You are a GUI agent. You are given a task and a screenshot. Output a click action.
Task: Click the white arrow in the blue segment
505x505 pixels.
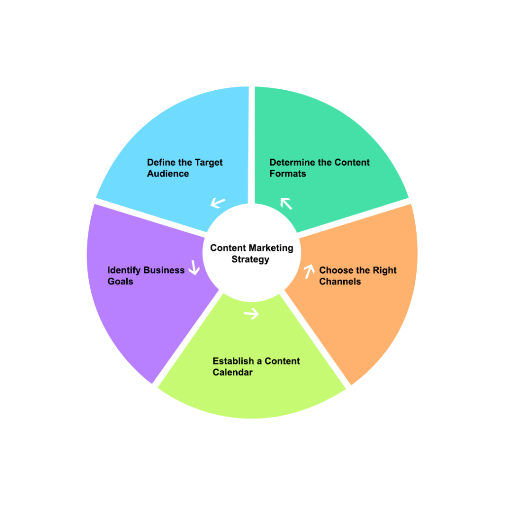[x=217, y=202]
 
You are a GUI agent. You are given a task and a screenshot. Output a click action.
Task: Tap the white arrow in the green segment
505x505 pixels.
[x=286, y=203]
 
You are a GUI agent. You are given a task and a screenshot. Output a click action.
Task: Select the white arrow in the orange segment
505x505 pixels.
[x=309, y=271]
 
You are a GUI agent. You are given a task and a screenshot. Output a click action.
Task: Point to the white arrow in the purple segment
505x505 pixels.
[x=194, y=268]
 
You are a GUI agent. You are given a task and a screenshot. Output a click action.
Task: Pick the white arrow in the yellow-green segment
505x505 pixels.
[x=252, y=314]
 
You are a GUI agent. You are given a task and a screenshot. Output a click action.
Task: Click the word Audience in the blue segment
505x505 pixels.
[x=168, y=174]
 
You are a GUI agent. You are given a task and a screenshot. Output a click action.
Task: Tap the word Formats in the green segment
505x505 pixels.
[x=288, y=174]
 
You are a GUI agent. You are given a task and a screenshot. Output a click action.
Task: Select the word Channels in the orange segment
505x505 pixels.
[x=340, y=282]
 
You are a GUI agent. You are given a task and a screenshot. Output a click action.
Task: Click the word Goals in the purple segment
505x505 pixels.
[x=120, y=282]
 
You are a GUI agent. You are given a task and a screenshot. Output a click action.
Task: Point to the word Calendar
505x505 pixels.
[x=232, y=372]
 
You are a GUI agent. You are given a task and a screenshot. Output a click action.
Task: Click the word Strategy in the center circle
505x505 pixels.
[x=251, y=259]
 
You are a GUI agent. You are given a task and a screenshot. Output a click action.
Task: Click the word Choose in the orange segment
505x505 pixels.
[x=334, y=270]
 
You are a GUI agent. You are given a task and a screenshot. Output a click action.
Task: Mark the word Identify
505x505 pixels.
[x=124, y=270]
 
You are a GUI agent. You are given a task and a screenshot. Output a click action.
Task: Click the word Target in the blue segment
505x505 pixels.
[x=210, y=162]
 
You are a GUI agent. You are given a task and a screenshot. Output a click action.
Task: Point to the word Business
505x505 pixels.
[x=164, y=270]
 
